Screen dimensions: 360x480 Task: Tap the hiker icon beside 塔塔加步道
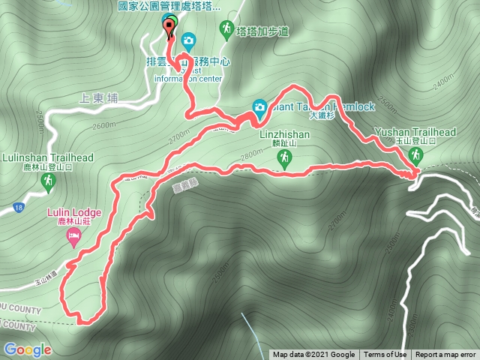pyautogui.click(x=226, y=29)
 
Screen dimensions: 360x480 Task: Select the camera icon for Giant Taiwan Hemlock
pyautogui.click(x=259, y=107)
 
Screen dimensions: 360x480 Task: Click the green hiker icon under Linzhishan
pyautogui.click(x=284, y=157)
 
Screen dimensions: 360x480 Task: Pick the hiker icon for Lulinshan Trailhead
pyautogui.click(x=48, y=181)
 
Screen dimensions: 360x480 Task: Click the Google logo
pyautogui.click(x=27, y=349)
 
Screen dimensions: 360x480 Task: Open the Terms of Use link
pyautogui.click(x=385, y=355)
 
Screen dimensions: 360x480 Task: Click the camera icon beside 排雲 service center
pyautogui.click(x=188, y=39)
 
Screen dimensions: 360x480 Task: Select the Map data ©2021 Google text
pyautogui.click(x=313, y=355)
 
